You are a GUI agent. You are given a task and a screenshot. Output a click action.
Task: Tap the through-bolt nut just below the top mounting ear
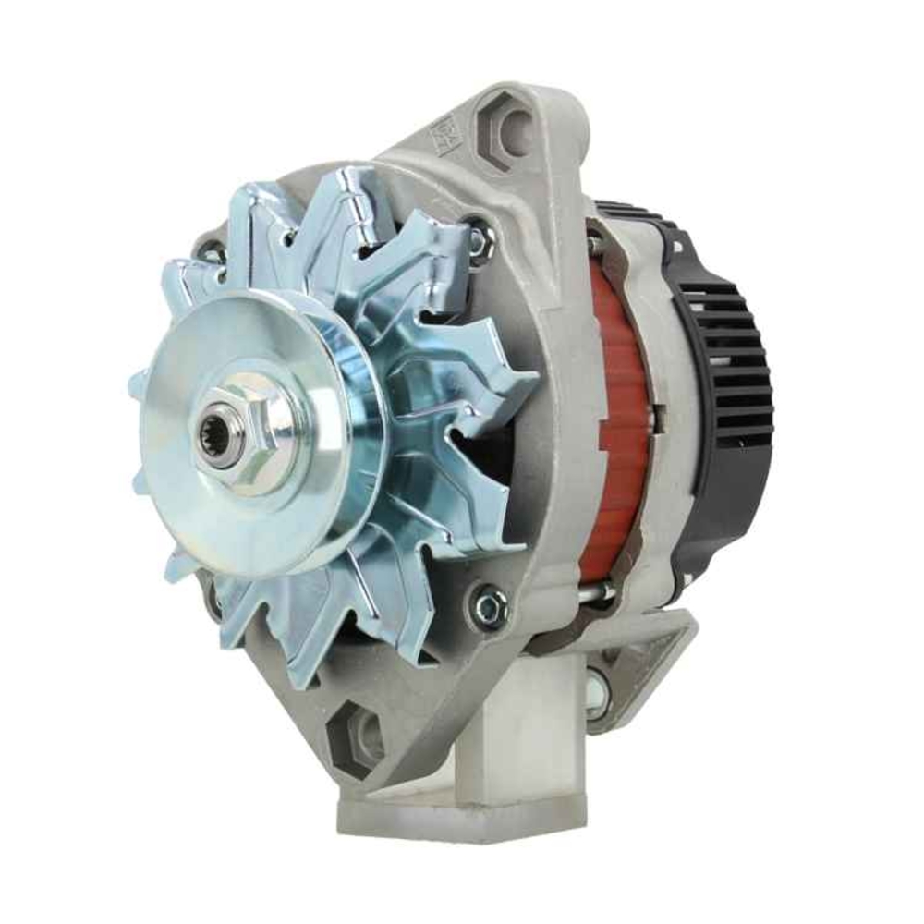[479, 238]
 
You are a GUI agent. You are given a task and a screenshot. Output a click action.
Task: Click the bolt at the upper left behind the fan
[211, 249]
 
